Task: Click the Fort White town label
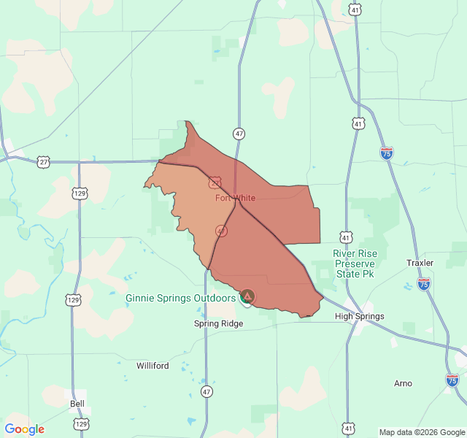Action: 235,198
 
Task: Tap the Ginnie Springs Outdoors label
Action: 180,298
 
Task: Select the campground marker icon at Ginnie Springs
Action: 247,296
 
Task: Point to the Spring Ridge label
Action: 218,323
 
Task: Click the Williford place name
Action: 153,366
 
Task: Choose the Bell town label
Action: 77,403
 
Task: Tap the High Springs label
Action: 359,316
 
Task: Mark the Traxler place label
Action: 420,263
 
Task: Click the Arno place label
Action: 403,383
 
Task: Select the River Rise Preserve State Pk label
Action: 354,264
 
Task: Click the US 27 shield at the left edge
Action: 44,162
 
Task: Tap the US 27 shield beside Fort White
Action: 215,182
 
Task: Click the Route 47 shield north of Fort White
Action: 239,134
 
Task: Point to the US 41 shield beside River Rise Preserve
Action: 346,237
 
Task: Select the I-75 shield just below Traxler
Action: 424,283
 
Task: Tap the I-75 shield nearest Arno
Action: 452,380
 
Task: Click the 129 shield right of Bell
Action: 81,424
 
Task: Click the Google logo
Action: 24,429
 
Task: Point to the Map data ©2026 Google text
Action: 422,432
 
